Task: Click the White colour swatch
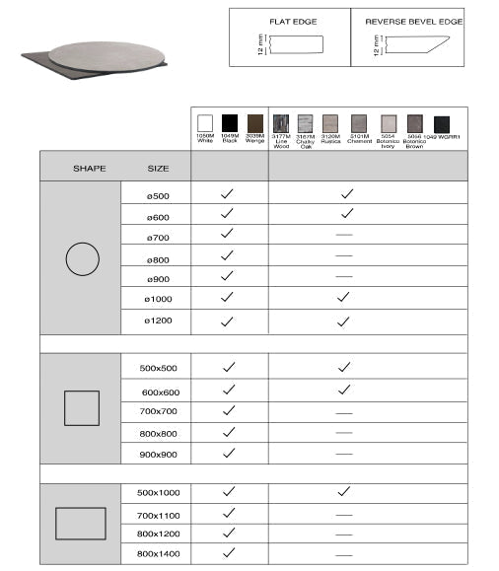[x=205, y=123]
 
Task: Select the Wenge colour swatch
[x=255, y=123]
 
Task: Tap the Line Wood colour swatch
[x=281, y=123]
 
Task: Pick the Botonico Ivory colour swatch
[x=389, y=123]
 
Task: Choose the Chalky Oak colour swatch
[x=306, y=123]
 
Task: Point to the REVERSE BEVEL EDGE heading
[x=413, y=21]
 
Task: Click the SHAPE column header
[x=89, y=168]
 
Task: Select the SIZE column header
[x=158, y=168]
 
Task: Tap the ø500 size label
[x=158, y=196]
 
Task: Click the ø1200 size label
[x=158, y=321]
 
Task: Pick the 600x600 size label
[x=158, y=391]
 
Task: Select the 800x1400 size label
[x=158, y=554]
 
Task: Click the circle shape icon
[x=83, y=259]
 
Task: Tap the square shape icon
[x=82, y=407]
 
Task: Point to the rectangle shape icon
[x=82, y=523]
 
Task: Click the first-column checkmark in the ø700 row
[x=228, y=234]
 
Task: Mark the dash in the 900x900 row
[x=344, y=454]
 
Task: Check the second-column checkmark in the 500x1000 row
[x=344, y=490]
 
